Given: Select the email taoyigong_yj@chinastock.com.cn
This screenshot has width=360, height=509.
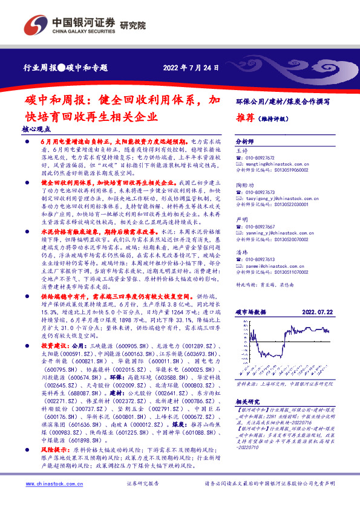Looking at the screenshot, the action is coord(280,197).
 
